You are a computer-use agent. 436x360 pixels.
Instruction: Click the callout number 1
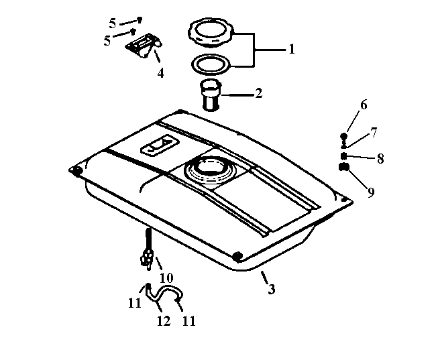291,49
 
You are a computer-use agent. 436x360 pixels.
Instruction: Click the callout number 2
258,93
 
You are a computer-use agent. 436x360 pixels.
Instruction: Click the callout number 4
160,72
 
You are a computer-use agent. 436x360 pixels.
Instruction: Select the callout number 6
364,105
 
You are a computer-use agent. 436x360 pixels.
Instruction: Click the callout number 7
374,131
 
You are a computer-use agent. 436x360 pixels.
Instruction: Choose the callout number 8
380,159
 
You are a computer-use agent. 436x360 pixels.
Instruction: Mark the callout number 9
370,192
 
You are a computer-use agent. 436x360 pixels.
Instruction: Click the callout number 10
166,277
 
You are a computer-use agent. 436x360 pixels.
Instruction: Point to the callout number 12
162,320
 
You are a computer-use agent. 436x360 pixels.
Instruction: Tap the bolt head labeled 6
343,137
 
